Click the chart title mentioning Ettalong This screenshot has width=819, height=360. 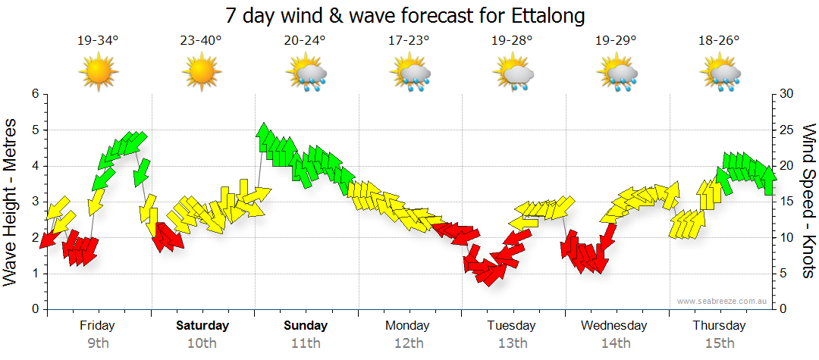(x=406, y=15)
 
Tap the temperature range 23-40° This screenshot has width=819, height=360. (x=201, y=41)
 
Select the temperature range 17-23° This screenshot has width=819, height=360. (x=408, y=41)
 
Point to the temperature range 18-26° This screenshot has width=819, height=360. (x=719, y=41)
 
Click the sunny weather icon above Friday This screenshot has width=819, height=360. (x=99, y=73)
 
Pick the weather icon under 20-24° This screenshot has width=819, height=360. (x=306, y=74)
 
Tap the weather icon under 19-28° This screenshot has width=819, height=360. (x=513, y=74)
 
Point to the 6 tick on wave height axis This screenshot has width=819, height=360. (x=34, y=94)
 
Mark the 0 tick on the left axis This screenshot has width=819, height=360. (x=34, y=310)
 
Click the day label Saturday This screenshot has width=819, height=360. (x=202, y=326)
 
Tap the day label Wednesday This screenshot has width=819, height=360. (x=614, y=326)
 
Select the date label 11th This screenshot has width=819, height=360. (x=306, y=343)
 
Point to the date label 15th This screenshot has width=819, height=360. (x=719, y=343)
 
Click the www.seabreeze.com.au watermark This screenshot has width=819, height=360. (x=723, y=302)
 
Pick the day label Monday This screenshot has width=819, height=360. (x=408, y=326)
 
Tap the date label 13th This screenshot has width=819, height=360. (x=513, y=343)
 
